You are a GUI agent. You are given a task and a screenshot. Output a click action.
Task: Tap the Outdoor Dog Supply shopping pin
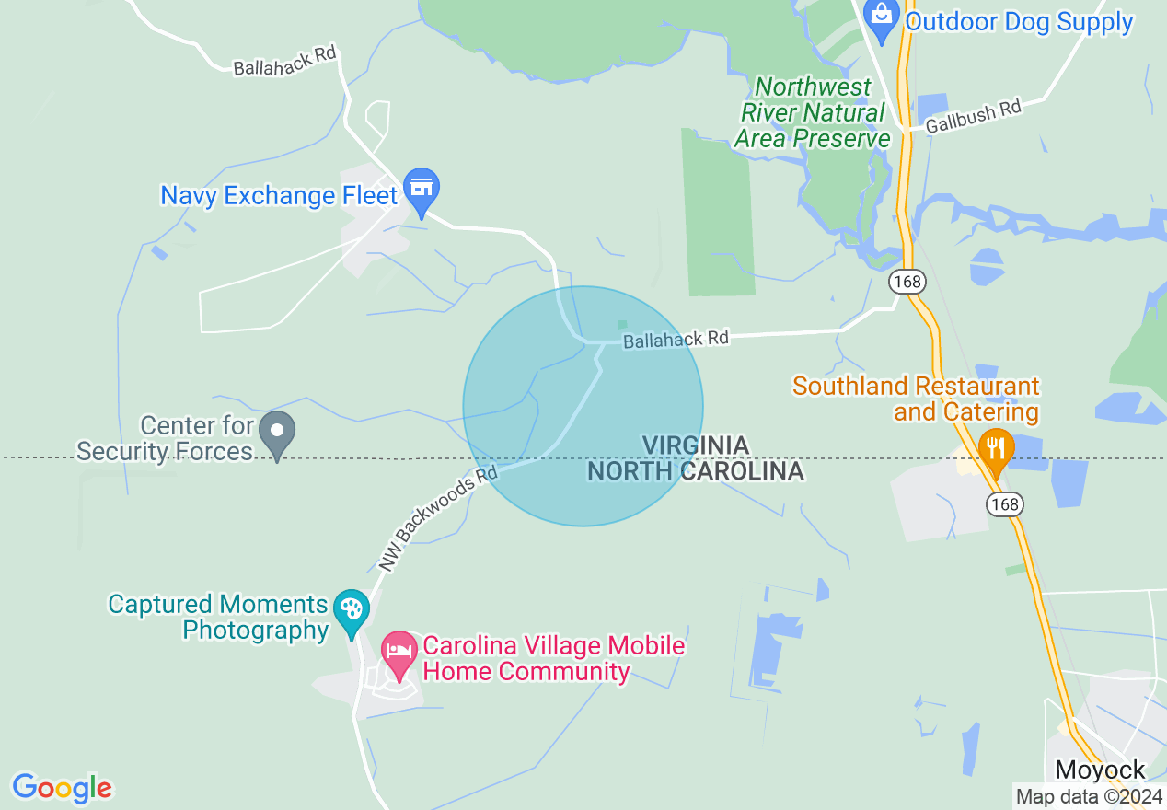click(883, 18)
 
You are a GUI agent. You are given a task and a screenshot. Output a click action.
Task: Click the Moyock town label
click(1100, 769)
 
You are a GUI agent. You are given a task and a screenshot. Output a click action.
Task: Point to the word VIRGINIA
click(696, 445)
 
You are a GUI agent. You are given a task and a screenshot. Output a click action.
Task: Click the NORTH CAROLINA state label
click(696, 471)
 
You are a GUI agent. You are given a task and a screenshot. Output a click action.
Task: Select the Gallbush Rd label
click(974, 117)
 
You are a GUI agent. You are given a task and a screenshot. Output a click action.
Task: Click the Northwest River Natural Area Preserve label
click(813, 113)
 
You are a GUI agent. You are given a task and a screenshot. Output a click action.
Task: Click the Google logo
click(62, 788)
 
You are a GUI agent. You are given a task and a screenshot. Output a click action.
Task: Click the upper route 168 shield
click(907, 282)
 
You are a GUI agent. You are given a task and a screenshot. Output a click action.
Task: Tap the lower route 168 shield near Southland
click(1005, 503)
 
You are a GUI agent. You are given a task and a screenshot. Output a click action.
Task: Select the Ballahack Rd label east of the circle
click(676, 340)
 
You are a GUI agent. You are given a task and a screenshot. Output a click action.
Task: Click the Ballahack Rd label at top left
click(284, 62)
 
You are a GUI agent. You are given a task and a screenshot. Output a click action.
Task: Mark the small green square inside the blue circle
click(622, 324)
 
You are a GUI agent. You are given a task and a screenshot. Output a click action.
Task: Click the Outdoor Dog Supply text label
click(1019, 22)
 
